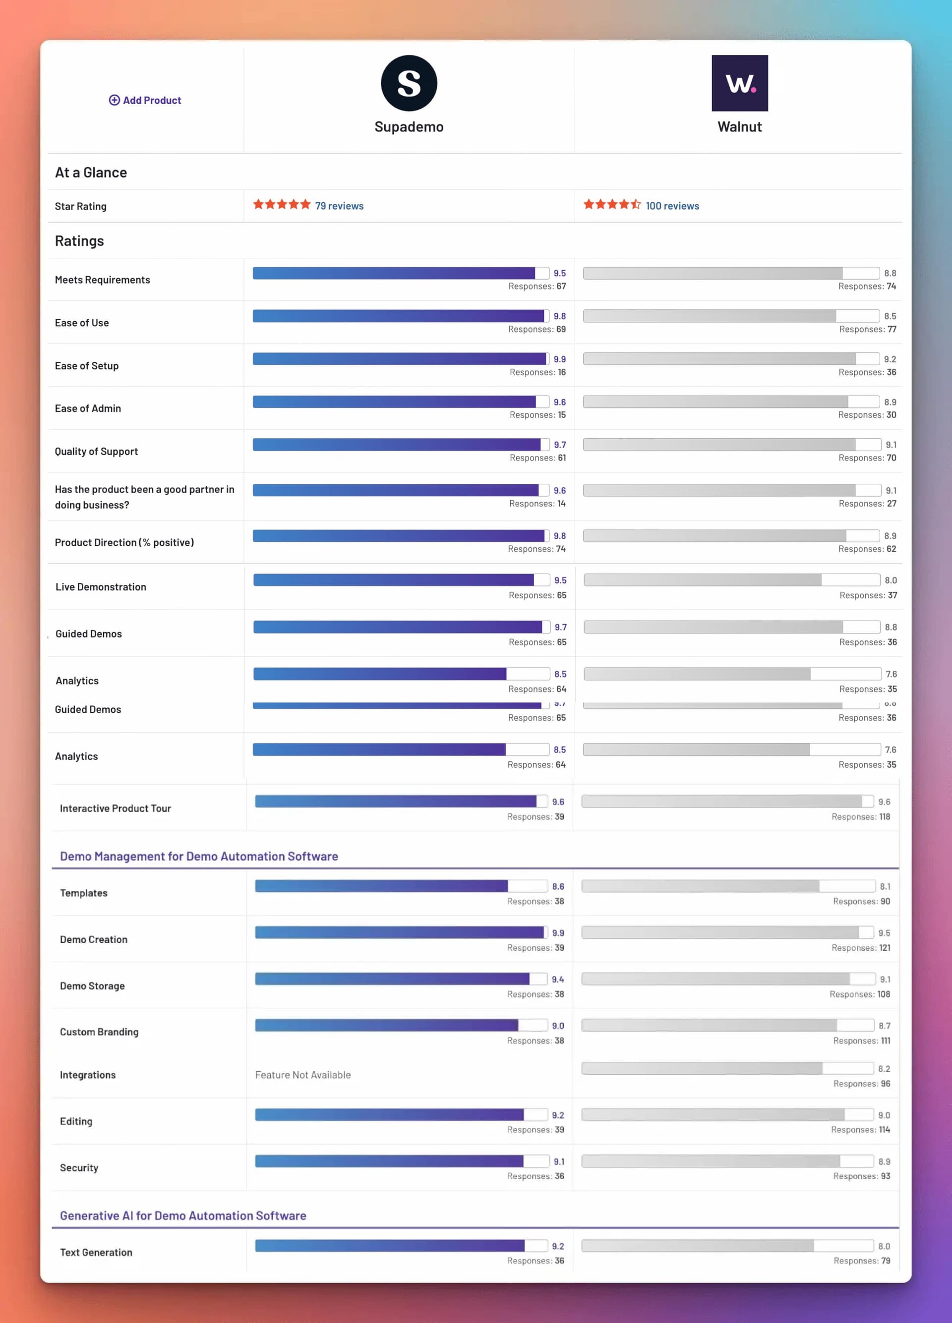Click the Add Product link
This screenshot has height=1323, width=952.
tap(145, 100)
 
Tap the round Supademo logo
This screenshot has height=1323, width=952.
tap(409, 83)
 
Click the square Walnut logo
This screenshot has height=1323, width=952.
tap(739, 83)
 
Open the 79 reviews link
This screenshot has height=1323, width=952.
tap(339, 206)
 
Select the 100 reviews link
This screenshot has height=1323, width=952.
tap(672, 206)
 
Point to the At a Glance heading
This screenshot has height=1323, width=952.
tap(91, 173)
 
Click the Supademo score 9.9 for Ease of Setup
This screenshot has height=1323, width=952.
tap(559, 359)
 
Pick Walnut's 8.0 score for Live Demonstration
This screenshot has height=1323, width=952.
tap(890, 580)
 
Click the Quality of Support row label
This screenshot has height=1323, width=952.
tap(96, 452)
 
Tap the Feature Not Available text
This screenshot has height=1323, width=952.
tap(303, 1075)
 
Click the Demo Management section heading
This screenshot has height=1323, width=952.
tap(199, 857)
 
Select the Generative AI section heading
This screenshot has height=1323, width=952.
tap(183, 1215)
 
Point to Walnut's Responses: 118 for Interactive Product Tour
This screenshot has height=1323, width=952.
tap(860, 817)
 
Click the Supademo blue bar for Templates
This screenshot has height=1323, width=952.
tap(381, 886)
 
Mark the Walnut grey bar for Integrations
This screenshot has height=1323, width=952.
tap(702, 1068)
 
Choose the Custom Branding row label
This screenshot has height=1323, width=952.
tap(99, 1032)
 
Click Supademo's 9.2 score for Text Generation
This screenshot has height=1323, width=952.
tap(558, 1246)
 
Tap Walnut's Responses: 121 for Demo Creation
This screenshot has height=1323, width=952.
tap(860, 948)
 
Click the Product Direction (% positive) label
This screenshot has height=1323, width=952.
tap(124, 542)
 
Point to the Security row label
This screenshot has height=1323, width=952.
tap(79, 1167)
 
